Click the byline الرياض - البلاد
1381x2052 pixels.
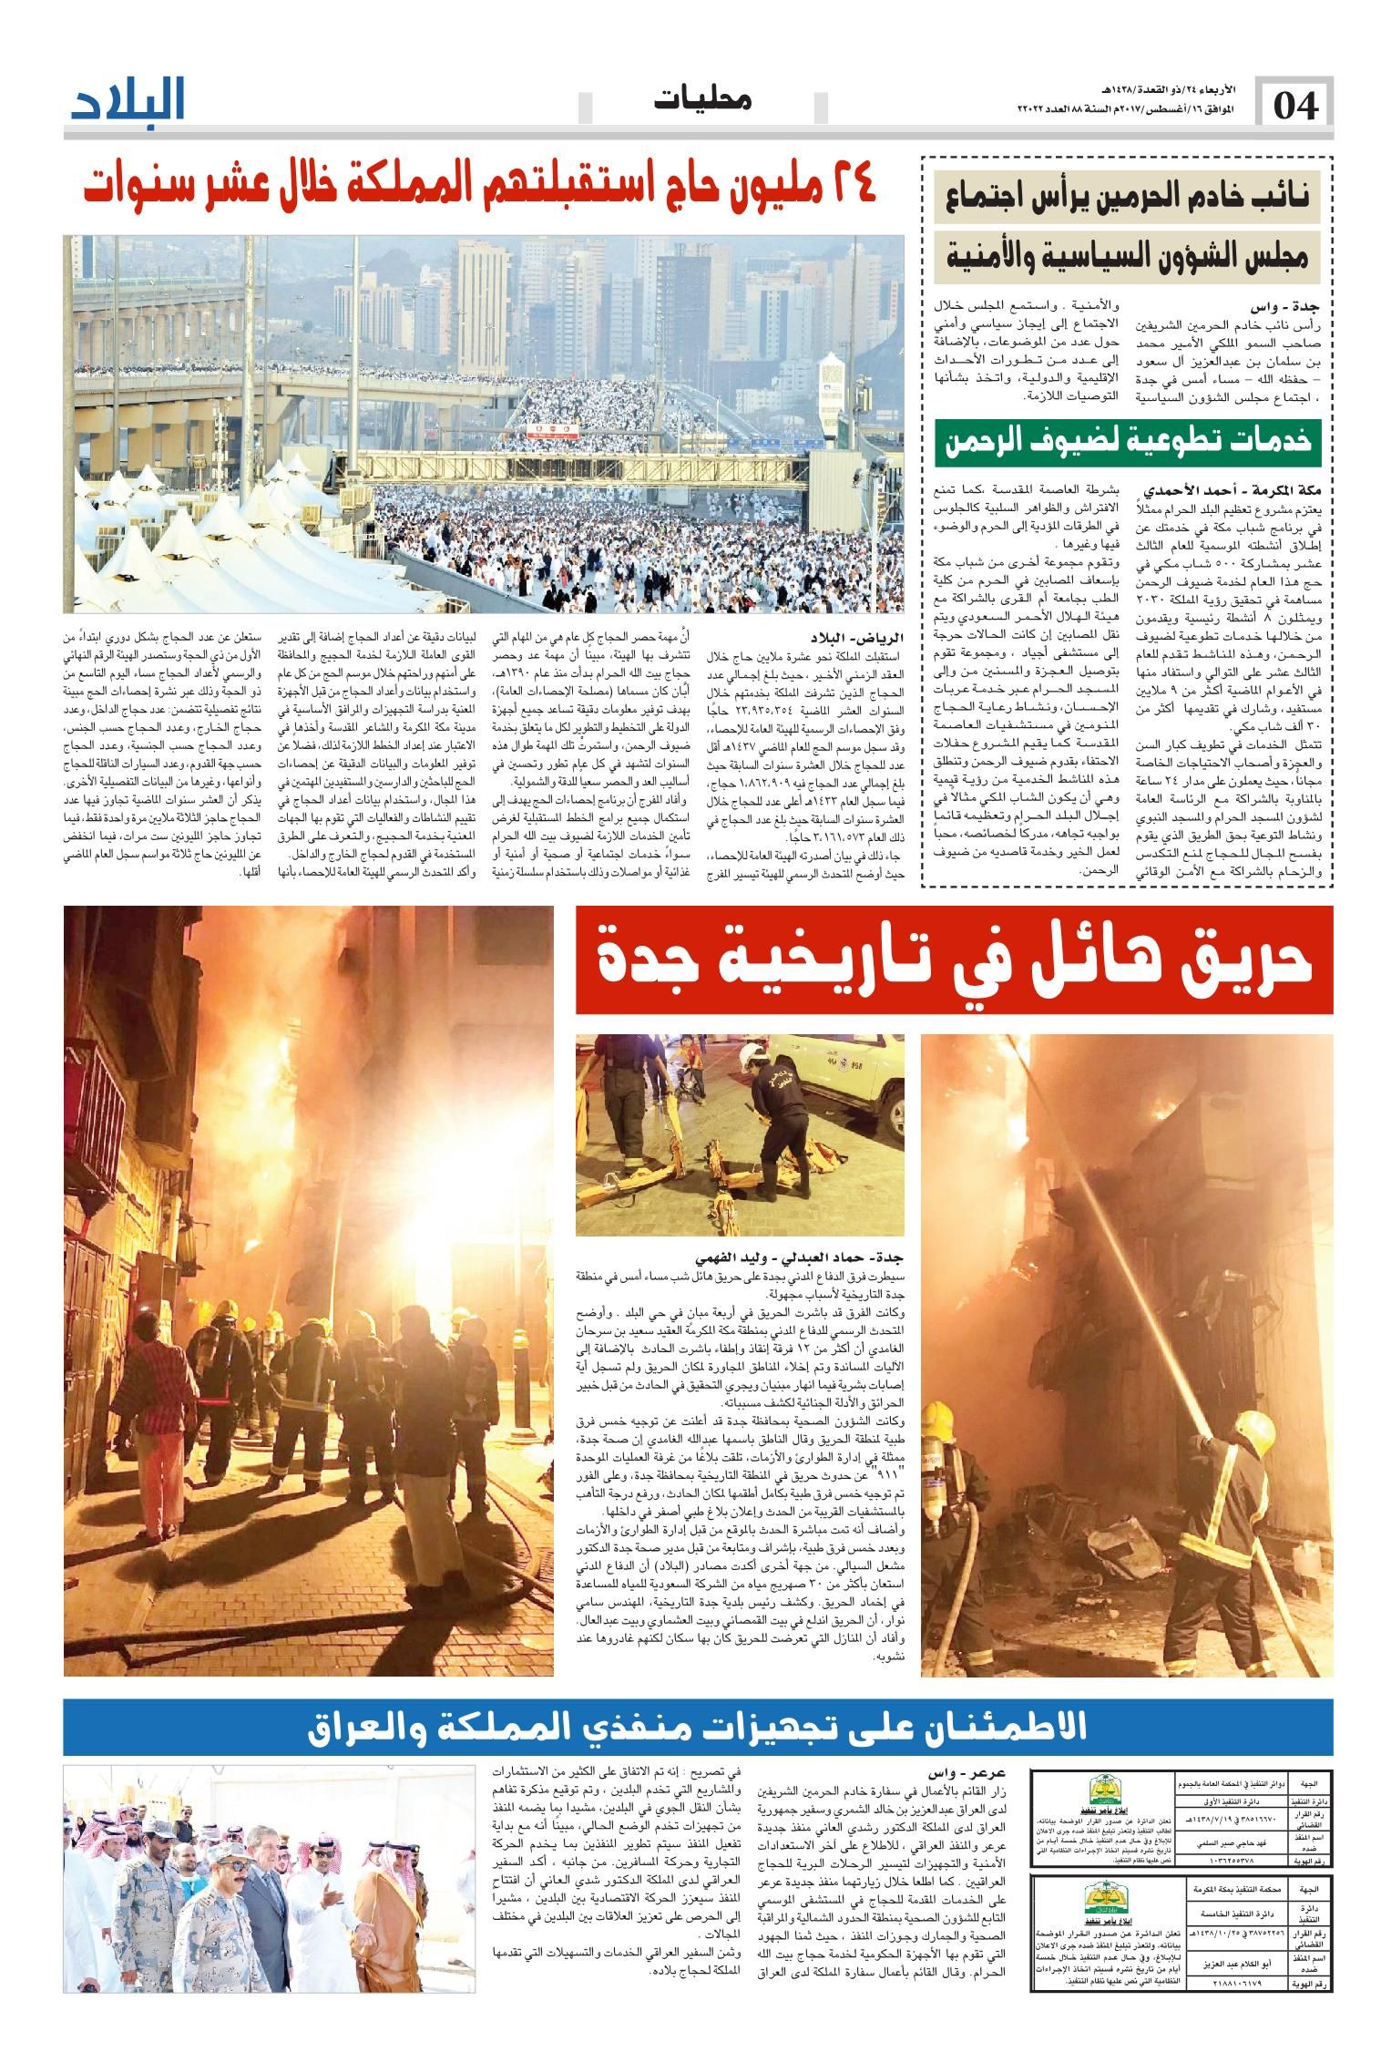point(851,637)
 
